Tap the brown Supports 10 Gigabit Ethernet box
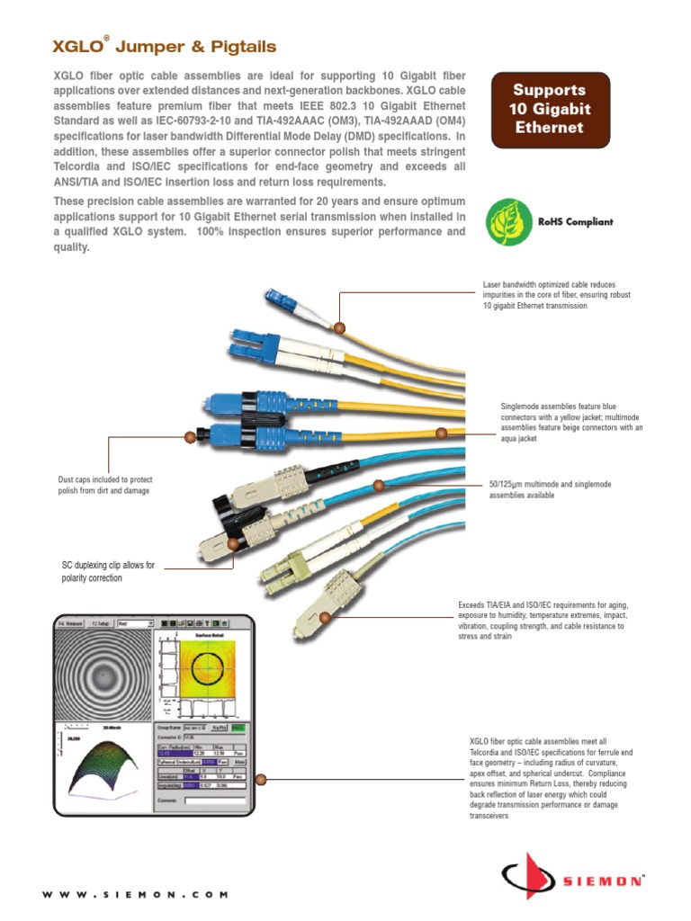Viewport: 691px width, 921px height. pos(548,109)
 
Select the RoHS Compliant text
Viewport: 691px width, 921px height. pos(575,222)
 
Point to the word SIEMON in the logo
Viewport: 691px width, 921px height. pos(603,882)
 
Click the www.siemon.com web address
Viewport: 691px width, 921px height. pos(135,895)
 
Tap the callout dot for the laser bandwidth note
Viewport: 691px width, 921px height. pos(340,328)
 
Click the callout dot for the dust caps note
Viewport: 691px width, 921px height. pos(190,437)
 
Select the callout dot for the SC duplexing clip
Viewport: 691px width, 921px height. pos(235,543)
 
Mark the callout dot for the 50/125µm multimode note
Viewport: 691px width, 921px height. pos(378,486)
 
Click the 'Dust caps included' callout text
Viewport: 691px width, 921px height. pos(104,486)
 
